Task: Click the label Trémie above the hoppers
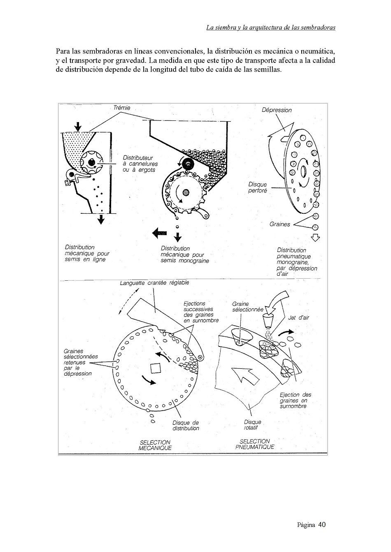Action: click(x=121, y=108)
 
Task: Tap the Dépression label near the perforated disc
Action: click(x=277, y=110)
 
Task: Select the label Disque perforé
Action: click(x=258, y=187)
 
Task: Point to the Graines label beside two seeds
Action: click(x=279, y=224)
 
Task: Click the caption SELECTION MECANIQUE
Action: click(x=155, y=445)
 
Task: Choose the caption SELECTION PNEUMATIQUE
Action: click(x=255, y=444)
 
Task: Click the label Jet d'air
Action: click(x=298, y=318)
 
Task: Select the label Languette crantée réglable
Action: click(x=154, y=283)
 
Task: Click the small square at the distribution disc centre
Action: click(x=156, y=368)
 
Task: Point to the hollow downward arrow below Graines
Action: click(x=316, y=238)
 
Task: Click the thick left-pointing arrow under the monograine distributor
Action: click(x=160, y=233)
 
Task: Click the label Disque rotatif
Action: click(x=252, y=425)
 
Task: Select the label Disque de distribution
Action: click(x=186, y=425)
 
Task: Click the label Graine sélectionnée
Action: click(x=248, y=307)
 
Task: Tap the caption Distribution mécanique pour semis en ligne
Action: click(x=87, y=253)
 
